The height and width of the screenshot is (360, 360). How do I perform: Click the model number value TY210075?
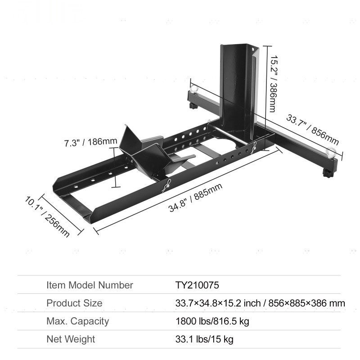coord(197,285)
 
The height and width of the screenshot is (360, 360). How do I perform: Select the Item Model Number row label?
coord(90,285)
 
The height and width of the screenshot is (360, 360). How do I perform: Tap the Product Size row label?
coord(74,303)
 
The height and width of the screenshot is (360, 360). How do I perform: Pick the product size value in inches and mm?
coord(260,303)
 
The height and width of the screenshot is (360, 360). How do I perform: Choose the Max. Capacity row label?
coord(78,321)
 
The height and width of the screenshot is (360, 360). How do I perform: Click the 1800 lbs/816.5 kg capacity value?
coord(212,321)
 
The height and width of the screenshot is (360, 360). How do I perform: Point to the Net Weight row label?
coord(71,339)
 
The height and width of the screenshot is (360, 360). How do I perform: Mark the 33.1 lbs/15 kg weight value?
coord(204,339)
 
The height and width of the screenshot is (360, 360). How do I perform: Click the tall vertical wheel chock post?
coord(236,90)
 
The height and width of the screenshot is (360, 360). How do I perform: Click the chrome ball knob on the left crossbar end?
coord(194,88)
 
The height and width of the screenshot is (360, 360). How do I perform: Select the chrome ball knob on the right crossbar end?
coord(332,151)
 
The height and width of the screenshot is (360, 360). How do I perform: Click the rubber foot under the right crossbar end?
coord(327,173)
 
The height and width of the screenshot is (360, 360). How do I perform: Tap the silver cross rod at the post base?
coord(229,135)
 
